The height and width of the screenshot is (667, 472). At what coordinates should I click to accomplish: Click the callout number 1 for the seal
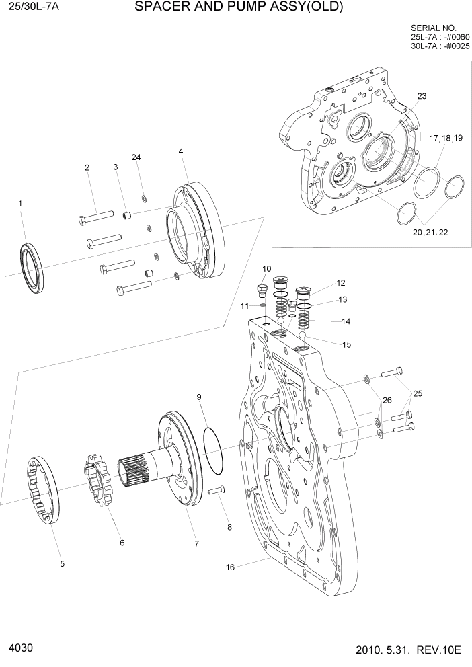[x=20, y=203]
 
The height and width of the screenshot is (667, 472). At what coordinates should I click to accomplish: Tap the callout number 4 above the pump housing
[x=181, y=151]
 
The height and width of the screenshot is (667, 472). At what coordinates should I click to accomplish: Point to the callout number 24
[x=136, y=157]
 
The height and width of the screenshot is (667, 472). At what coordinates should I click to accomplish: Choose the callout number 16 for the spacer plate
[x=231, y=567]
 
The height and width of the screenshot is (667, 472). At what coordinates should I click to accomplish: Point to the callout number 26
[x=387, y=400]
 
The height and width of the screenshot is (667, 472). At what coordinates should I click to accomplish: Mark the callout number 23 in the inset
[x=422, y=96]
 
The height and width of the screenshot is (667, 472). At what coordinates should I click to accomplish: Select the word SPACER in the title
[x=159, y=8]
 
